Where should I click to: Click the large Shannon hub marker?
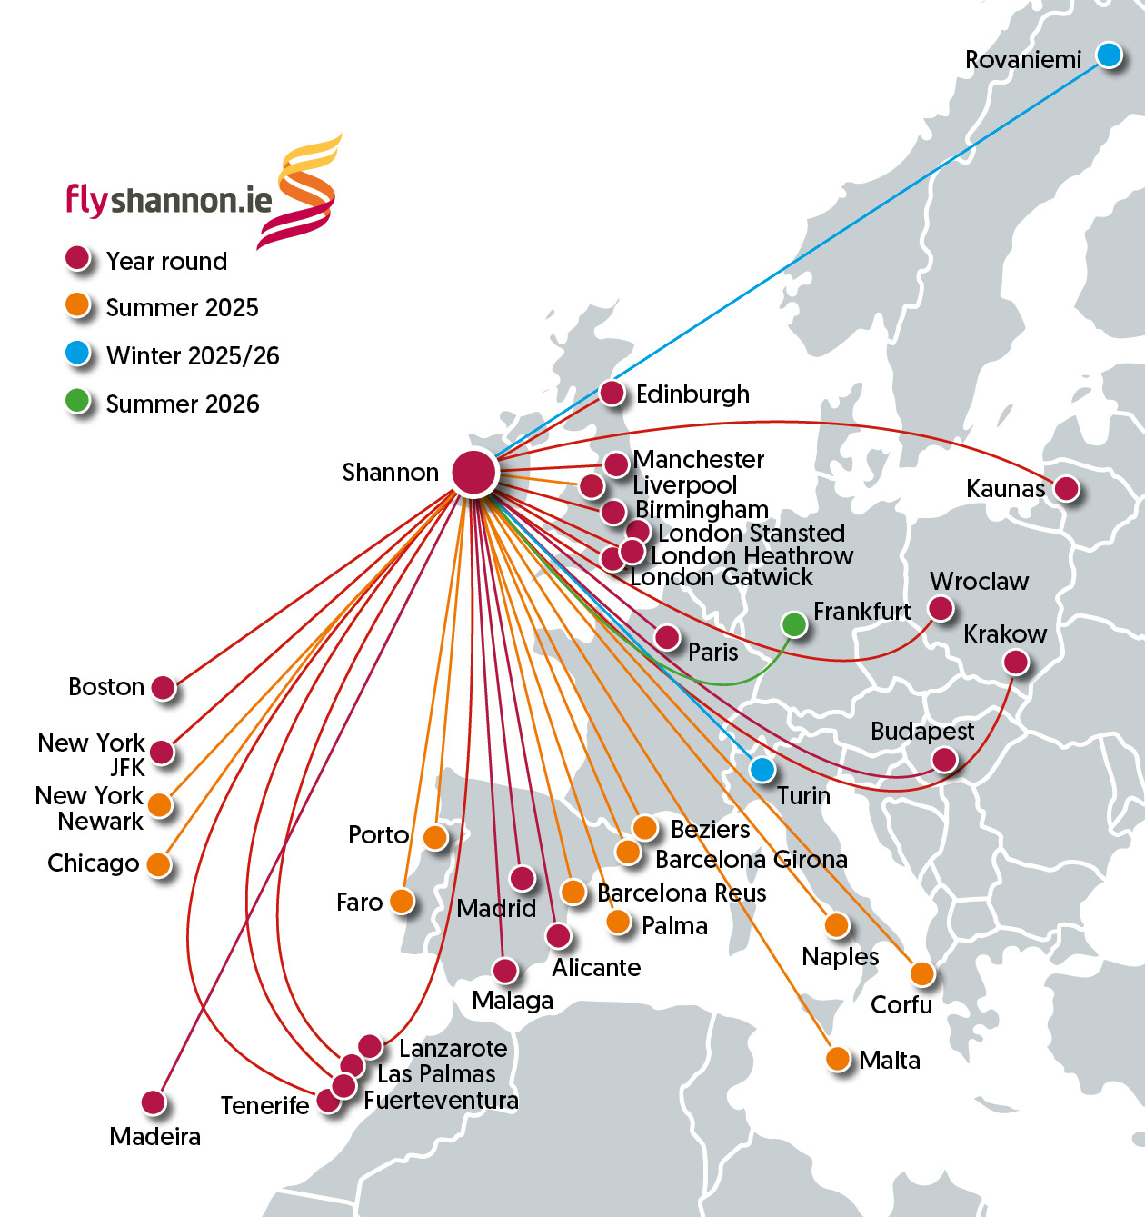[x=474, y=472]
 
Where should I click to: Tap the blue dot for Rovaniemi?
[x=1109, y=55]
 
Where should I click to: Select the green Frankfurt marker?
[x=794, y=624]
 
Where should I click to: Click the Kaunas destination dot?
[x=1066, y=489]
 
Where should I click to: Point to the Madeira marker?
[x=154, y=1102]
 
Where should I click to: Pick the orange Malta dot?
[x=838, y=1059]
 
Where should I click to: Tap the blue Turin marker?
[x=762, y=770]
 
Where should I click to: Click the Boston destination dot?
[x=164, y=688]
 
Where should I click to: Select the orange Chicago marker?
[x=159, y=864]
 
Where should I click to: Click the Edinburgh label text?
[x=692, y=394]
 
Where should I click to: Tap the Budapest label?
[x=921, y=732]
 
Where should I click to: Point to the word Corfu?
[x=901, y=1004]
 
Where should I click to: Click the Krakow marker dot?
[x=1016, y=663]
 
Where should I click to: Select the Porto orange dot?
[x=436, y=837]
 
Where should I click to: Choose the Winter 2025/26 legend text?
[x=193, y=355]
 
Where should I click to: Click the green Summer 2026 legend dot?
[x=78, y=401]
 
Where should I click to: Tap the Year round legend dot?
[x=78, y=259]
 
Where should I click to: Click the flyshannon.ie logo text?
[x=169, y=200]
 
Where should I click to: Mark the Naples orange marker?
[x=837, y=926]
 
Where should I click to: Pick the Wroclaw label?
[x=979, y=582]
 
